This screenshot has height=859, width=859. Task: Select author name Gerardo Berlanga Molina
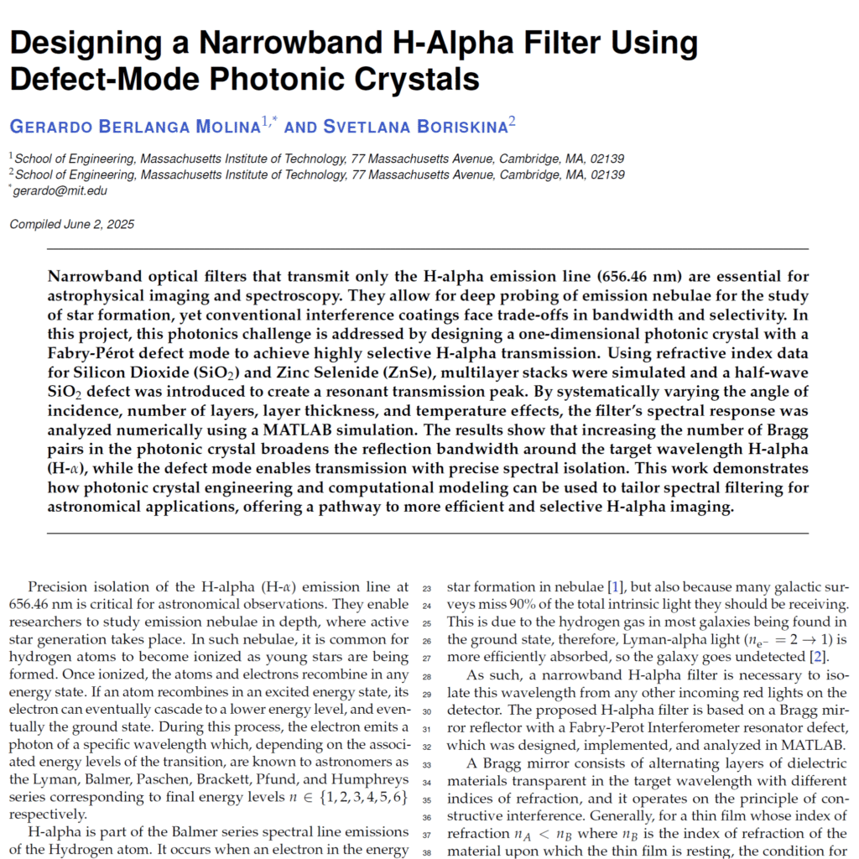(135, 127)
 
